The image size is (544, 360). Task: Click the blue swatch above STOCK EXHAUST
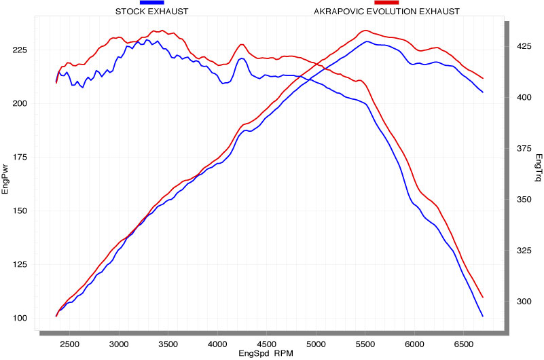(x=151, y=3)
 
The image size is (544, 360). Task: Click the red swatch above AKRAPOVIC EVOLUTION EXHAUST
(x=386, y=3)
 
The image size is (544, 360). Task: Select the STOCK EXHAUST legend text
(x=151, y=12)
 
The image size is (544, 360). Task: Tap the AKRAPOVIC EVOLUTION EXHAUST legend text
(x=386, y=12)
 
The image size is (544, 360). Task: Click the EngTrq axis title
(x=539, y=168)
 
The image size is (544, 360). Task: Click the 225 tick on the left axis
(x=19, y=50)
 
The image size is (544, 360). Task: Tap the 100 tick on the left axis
(x=19, y=318)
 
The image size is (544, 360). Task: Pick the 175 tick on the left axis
(x=19, y=158)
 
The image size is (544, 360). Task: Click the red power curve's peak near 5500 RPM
(x=366, y=31)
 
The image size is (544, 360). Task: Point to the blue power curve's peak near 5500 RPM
(x=367, y=41)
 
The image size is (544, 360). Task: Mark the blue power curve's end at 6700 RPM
(x=482, y=316)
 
